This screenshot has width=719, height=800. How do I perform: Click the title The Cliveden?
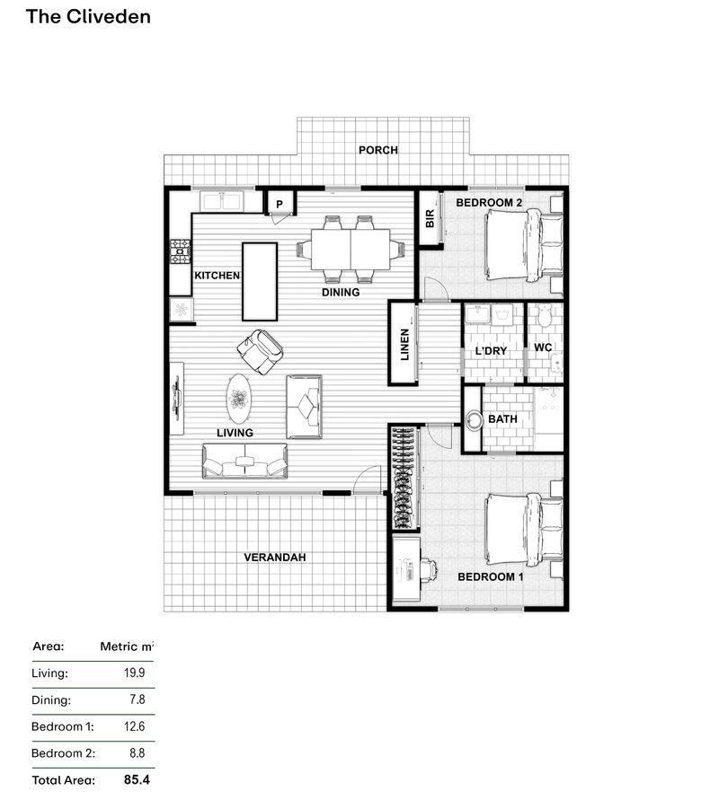click(88, 16)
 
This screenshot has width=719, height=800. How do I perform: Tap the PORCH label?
click(377, 150)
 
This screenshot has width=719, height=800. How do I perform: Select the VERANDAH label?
click(275, 558)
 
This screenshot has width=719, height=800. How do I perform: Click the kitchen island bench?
click(260, 281)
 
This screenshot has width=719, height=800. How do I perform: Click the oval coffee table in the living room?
click(238, 398)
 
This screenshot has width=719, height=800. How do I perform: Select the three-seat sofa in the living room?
click(244, 462)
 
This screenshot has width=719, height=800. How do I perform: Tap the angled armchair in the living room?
click(262, 351)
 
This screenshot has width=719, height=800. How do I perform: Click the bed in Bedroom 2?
click(525, 245)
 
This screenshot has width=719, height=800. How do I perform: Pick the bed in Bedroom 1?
click(525, 530)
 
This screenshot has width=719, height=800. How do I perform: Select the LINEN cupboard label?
click(404, 345)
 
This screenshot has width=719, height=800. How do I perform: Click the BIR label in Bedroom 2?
click(430, 217)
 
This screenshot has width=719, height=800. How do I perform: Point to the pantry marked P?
click(280, 205)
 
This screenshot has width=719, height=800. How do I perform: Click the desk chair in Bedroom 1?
click(428, 569)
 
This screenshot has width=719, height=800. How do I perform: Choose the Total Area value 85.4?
click(136, 780)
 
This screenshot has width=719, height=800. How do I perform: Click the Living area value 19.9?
click(135, 673)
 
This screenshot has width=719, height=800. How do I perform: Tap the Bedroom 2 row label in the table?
click(63, 753)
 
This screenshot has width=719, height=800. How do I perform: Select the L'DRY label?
click(492, 350)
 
